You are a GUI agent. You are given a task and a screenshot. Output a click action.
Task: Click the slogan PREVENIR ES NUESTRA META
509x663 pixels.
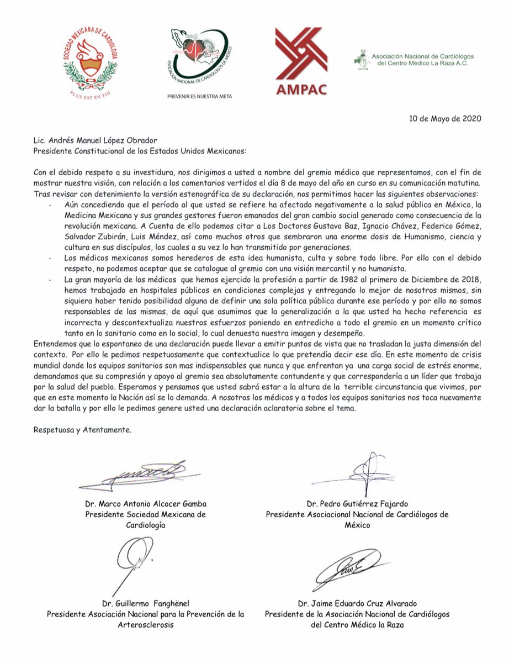(x=199, y=96)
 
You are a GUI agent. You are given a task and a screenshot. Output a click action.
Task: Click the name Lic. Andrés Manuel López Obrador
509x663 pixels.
(x=96, y=140)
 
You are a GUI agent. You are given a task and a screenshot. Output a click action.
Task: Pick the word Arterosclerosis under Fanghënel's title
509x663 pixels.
(x=145, y=625)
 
